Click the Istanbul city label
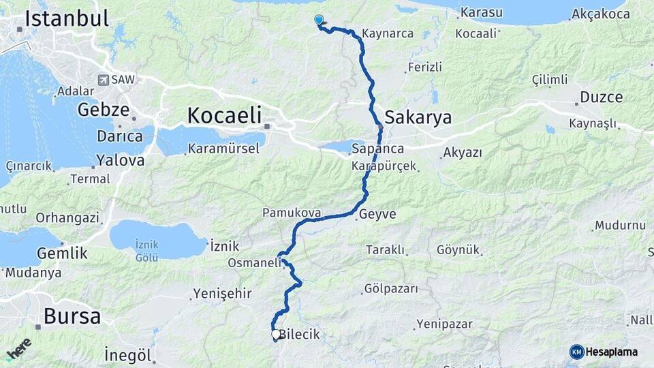tap(67, 19)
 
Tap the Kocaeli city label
tap(224, 116)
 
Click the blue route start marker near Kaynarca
tap(318, 20)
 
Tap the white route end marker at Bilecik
tap(275, 335)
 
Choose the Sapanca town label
tap(378, 149)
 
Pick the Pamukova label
tap(292, 213)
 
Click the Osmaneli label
tap(255, 263)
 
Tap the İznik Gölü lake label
tap(147, 250)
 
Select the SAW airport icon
tap(104, 80)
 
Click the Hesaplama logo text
tap(611, 352)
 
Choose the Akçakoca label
tap(600, 14)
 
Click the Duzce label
tap(601, 97)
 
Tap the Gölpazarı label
tap(391, 289)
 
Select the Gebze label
tap(103, 110)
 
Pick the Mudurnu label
tap(619, 226)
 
